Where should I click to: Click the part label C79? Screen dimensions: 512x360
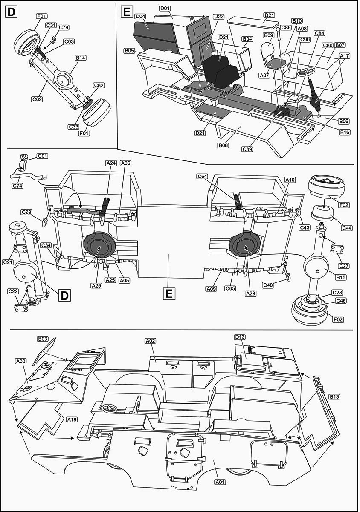click(x=64, y=28)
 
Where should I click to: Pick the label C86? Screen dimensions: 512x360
click(x=286, y=27)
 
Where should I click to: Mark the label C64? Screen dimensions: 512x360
click(x=203, y=176)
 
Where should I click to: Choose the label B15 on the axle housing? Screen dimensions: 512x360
click(x=341, y=277)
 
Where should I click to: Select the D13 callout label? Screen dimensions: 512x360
click(x=240, y=337)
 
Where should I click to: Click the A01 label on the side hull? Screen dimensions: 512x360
click(x=220, y=482)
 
